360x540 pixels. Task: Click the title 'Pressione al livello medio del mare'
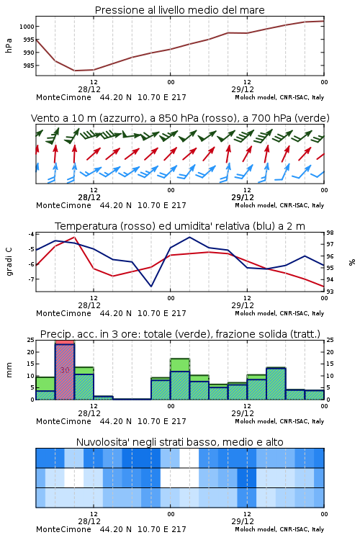[179, 10]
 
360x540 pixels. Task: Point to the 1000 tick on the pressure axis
[26, 27]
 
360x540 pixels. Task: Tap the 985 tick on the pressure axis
[28, 66]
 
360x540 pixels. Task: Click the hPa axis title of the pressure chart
[9, 45]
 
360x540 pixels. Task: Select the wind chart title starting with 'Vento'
[180, 118]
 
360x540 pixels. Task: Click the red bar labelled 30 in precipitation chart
[65, 370]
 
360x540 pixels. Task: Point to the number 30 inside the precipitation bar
[65, 370]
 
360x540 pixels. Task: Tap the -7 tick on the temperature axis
[31, 279]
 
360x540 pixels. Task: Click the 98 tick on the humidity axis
[330, 233]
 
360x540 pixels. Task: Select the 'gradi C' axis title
[9, 261]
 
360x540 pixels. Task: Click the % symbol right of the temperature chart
[352, 262]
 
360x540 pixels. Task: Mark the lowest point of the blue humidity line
[151, 286]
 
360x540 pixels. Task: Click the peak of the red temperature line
[74, 237]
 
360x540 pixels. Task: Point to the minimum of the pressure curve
[75, 71]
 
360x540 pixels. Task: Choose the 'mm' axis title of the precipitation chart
[9, 370]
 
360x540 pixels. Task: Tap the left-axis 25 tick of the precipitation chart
[31, 340]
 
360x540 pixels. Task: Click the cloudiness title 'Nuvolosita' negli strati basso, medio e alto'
[180, 442]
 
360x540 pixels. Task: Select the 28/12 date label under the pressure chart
[89, 89]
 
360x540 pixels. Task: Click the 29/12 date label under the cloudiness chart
[243, 521]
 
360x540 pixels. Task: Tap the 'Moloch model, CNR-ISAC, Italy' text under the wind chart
[279, 205]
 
